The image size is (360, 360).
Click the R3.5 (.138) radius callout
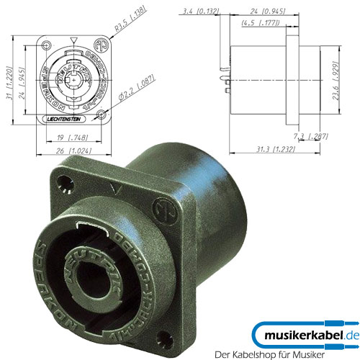(x=131, y=27)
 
